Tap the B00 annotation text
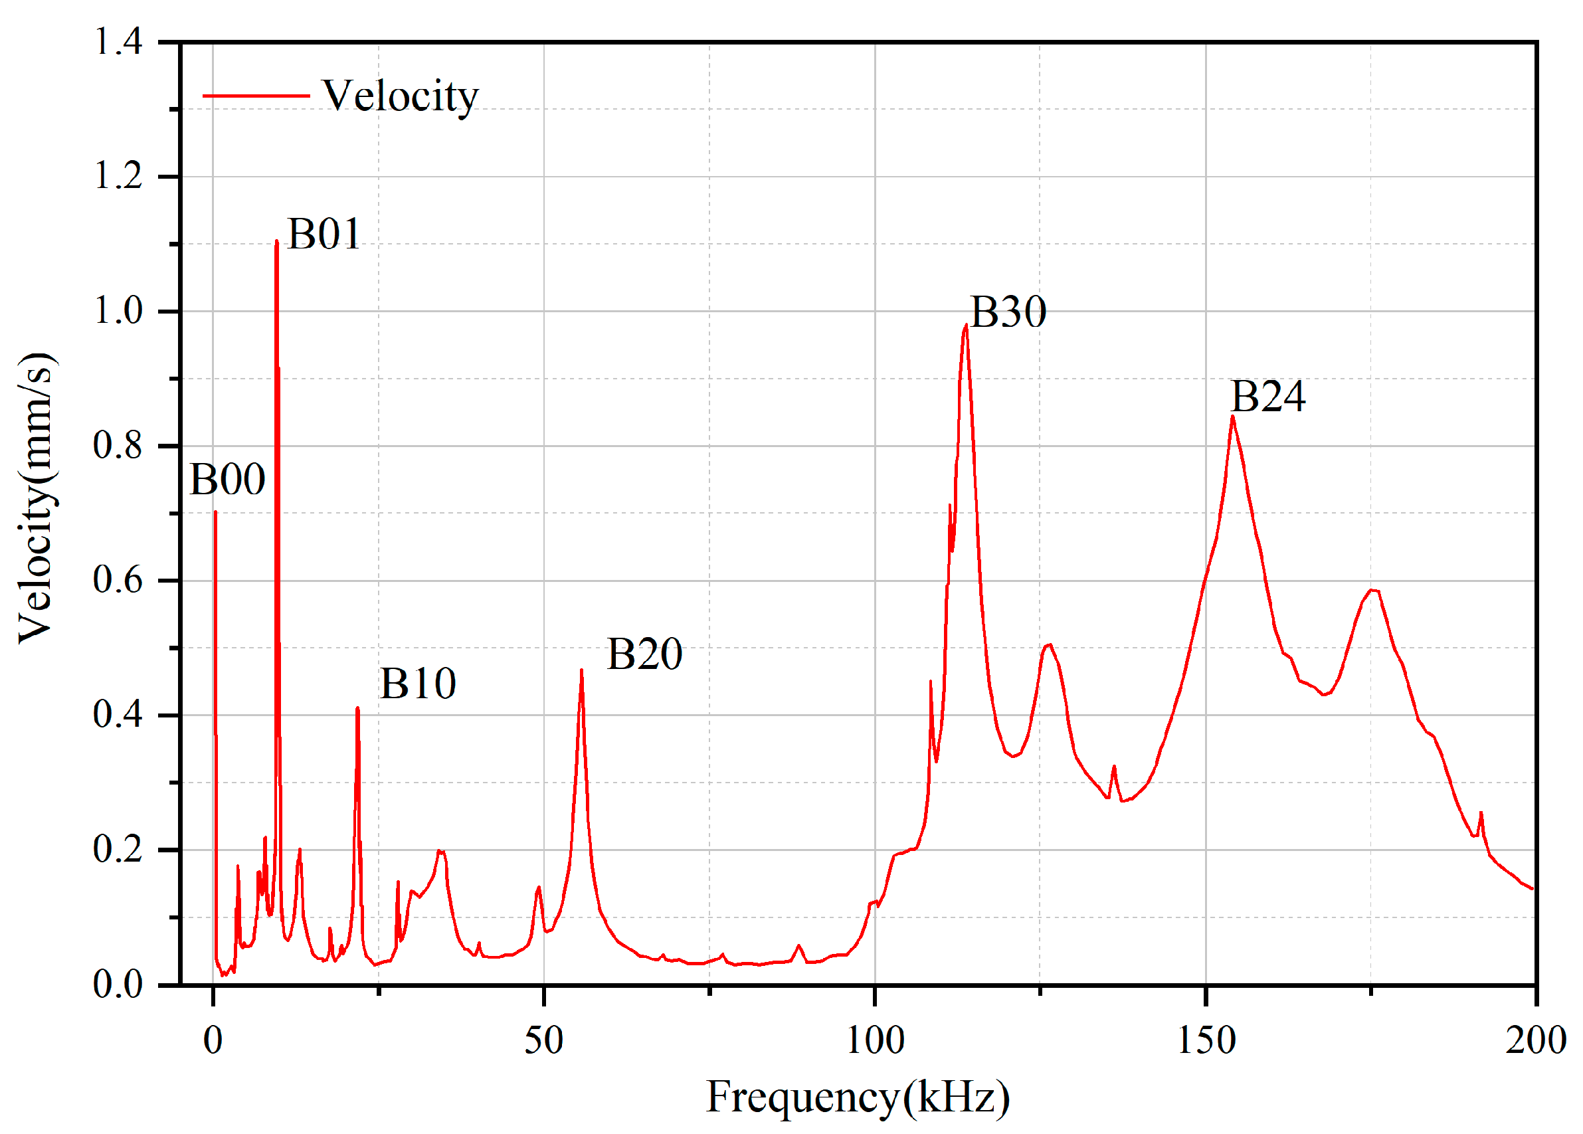(228, 480)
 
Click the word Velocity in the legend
(400, 96)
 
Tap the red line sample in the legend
(256, 96)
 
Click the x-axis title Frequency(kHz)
(858, 1096)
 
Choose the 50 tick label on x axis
(543, 1040)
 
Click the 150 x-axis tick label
(1206, 1040)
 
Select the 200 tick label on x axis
(1536, 1040)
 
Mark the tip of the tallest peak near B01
(277, 241)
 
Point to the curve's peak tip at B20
(581, 670)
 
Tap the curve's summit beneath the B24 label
(1233, 417)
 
